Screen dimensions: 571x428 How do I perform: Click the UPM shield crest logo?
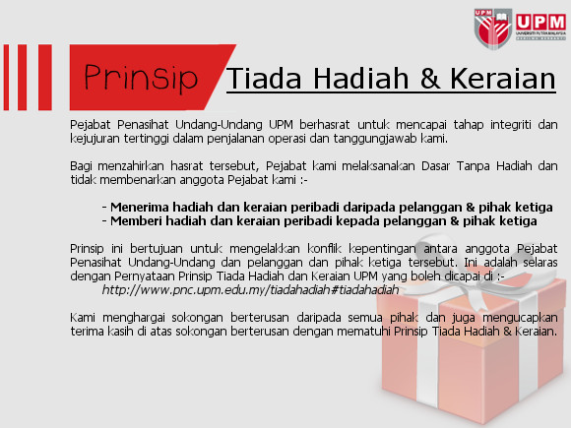pos(493,29)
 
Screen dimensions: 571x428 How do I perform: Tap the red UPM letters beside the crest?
pos(540,23)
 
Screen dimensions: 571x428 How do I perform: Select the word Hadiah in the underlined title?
pos(361,79)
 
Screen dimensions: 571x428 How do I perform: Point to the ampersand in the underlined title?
pos(430,79)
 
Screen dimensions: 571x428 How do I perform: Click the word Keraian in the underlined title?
pos(503,79)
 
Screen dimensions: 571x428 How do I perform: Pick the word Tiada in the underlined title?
pos(264,79)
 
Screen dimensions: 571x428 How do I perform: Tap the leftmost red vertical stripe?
pos(6,77)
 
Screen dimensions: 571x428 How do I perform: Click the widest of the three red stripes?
pos(44,77)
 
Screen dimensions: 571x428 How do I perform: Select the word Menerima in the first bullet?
pos(140,207)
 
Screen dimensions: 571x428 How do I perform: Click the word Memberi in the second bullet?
pos(136,221)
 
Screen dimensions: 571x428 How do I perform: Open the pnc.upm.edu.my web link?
pos(250,290)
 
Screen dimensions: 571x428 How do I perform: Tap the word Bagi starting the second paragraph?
pos(81,166)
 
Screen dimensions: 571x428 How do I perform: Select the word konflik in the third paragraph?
pos(324,249)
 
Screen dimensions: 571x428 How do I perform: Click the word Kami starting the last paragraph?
pos(83,318)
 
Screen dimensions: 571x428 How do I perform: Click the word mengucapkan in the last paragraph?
pos(520,318)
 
